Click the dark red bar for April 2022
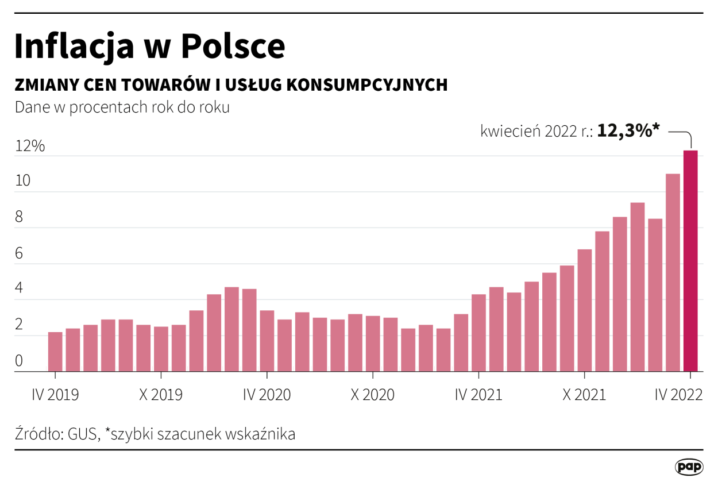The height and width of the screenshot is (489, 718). (690, 261)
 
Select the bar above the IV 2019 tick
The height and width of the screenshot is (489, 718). (55, 352)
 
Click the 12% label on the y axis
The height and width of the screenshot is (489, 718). (30, 146)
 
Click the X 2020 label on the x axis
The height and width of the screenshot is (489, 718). (373, 395)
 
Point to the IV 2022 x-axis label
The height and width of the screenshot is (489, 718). (679, 395)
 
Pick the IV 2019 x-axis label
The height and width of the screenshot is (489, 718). (55, 395)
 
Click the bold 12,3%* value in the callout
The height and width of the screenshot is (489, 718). (628, 131)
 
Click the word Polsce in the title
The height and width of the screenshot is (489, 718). (233, 47)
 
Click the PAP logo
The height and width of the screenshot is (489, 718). (689, 467)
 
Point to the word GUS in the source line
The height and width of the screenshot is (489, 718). (83, 434)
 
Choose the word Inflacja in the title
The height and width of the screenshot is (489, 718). (75, 47)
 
